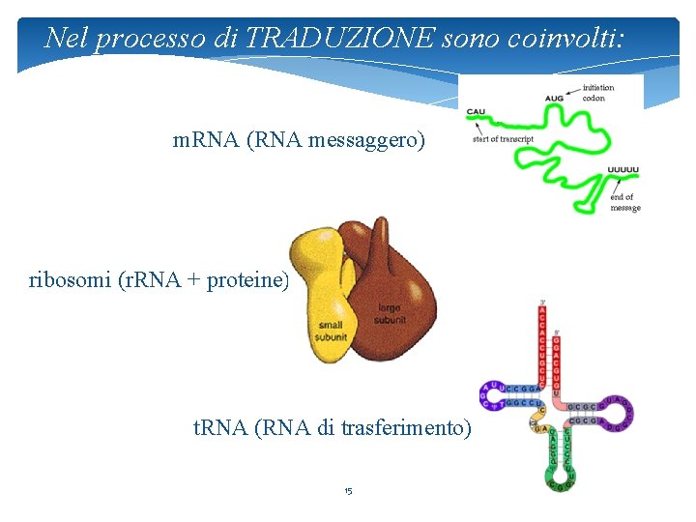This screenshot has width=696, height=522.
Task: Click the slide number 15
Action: (348, 491)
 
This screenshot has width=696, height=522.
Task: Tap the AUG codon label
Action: (554, 99)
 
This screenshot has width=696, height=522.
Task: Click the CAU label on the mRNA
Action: (476, 111)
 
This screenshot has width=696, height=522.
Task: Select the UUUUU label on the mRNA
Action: (623, 170)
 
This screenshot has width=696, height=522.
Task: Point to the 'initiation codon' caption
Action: (597, 92)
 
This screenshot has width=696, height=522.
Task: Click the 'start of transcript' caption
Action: (503, 138)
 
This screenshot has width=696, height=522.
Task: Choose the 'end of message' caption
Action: (624, 202)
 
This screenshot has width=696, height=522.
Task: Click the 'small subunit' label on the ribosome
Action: (331, 331)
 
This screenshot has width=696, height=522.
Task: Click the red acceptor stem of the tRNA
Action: (541, 348)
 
